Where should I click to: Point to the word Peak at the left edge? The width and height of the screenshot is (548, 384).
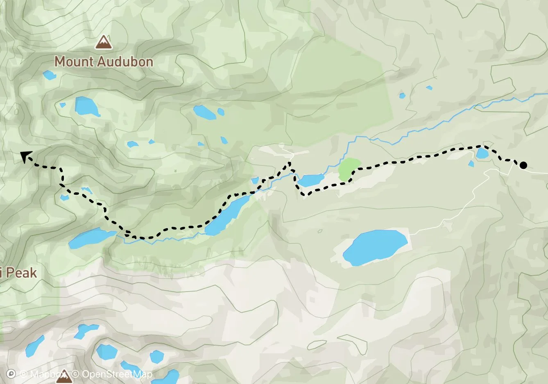click(x=20, y=273)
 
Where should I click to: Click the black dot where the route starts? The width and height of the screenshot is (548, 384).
click(x=523, y=165)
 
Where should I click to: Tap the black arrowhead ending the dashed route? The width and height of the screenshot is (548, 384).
click(x=25, y=156)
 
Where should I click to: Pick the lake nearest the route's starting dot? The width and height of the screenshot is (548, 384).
click(x=482, y=154)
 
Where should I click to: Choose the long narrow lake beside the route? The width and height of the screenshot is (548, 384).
click(x=227, y=215)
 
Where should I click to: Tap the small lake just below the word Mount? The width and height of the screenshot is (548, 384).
click(x=50, y=75)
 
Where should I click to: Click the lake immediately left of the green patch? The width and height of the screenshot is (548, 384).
click(x=311, y=180)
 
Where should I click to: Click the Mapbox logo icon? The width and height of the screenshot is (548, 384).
click(x=12, y=374)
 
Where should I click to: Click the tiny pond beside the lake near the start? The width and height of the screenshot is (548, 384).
click(x=471, y=164)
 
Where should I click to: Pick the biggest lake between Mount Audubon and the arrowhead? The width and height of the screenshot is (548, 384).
click(x=87, y=107)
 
